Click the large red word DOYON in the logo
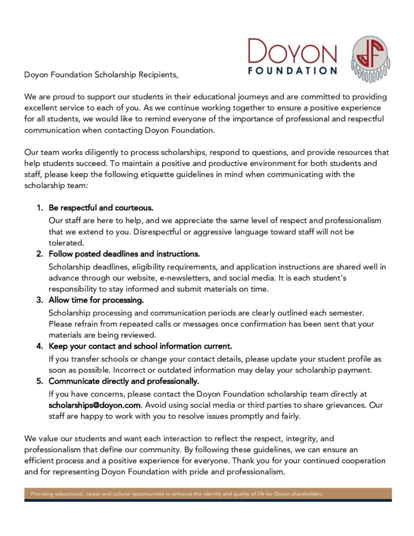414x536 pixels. click(x=292, y=52)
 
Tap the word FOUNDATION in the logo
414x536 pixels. click(x=292, y=71)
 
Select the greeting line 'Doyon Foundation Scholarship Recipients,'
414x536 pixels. click(x=102, y=74)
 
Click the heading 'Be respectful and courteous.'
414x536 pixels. click(x=101, y=208)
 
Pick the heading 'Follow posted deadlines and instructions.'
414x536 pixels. click(x=124, y=254)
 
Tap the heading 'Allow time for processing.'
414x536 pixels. click(x=96, y=300)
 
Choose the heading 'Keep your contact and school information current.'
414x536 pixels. click(x=140, y=346)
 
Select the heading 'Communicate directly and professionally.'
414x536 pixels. click(x=124, y=381)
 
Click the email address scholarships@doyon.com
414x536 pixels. click(x=95, y=405)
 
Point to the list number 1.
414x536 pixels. click(x=39, y=208)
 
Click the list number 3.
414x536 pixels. click(x=39, y=300)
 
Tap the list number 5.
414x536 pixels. click(x=39, y=381)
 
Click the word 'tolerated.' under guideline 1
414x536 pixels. click(x=66, y=243)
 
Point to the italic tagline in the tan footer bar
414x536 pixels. click(x=177, y=494)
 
